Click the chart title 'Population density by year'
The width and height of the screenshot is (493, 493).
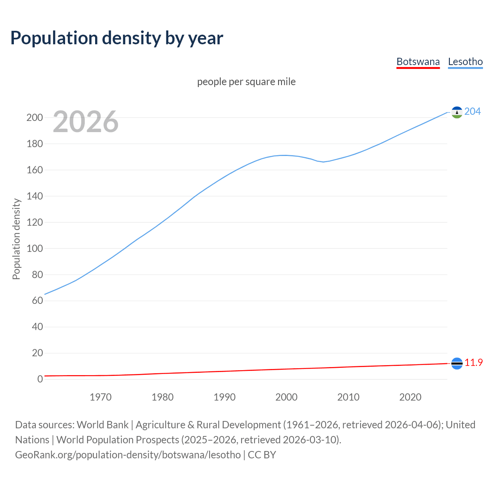point(117,38)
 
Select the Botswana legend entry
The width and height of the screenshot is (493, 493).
point(418,62)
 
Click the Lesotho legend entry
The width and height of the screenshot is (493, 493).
point(465,62)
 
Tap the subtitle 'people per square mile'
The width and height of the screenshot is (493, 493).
point(246,82)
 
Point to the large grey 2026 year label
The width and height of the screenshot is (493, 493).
point(86,122)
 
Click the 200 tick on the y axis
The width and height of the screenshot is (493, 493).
point(35,117)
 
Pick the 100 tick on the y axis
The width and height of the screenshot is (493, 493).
point(35,248)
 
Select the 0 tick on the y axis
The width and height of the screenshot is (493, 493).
point(40,379)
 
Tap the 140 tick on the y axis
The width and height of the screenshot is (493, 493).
point(35,196)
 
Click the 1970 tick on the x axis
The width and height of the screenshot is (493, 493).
point(101,397)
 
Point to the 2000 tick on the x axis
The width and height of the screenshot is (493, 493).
point(286,397)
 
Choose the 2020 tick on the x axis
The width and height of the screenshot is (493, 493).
point(410,397)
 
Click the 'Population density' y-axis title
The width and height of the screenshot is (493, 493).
point(16,239)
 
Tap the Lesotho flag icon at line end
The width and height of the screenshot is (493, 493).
point(457,112)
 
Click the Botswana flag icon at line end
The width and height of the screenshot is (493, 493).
point(457,363)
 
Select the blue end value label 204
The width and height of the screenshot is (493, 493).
point(473,111)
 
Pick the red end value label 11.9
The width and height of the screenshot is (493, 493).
point(473,362)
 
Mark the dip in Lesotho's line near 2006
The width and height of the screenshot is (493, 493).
point(324,162)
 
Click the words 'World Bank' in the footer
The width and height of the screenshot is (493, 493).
point(102,424)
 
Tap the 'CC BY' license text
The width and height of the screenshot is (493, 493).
point(262,454)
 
